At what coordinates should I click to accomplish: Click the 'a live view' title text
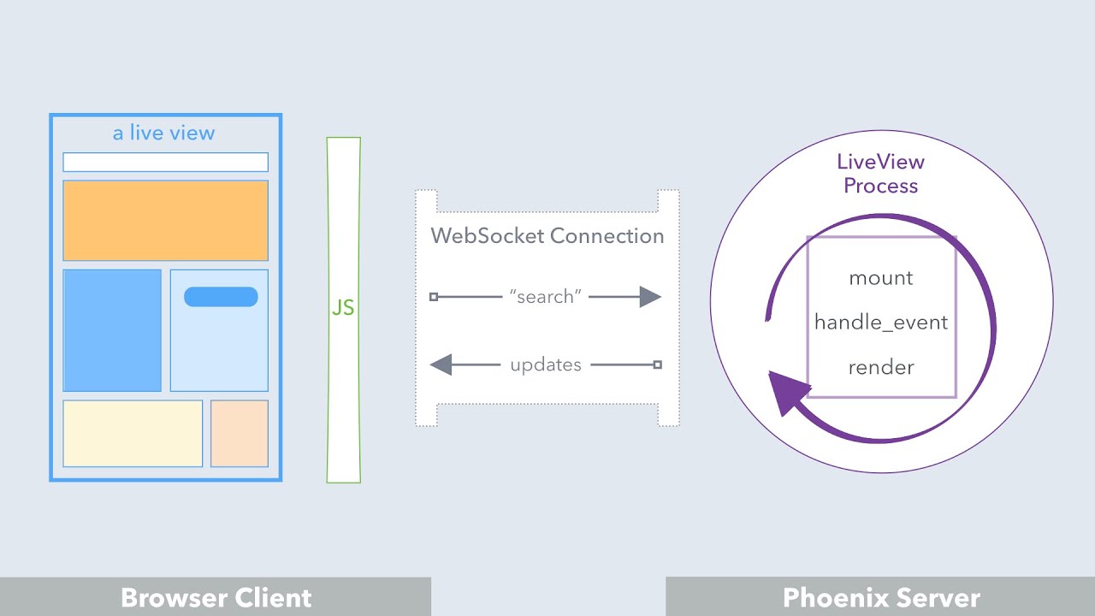point(163,133)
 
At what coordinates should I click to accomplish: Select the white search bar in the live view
point(165,162)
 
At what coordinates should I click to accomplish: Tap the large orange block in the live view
point(165,220)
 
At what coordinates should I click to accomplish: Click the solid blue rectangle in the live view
point(112,330)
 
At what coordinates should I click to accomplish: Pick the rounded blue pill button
point(221,297)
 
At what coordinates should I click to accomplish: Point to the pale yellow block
point(133,434)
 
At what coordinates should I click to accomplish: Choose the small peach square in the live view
point(240,434)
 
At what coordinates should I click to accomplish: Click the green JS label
point(343,308)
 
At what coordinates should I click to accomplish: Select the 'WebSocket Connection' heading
point(547,236)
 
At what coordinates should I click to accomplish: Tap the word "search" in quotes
point(545,297)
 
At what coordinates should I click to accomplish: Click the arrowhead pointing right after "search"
point(650,297)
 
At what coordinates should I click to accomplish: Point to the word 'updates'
point(546,365)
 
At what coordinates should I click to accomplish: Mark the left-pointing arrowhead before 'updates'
point(441,365)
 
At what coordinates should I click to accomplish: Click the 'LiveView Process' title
point(880,174)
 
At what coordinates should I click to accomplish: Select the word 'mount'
point(881,278)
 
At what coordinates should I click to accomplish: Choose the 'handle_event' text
point(881,323)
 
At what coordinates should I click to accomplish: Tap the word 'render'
point(881,368)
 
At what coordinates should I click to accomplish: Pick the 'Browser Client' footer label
point(216,597)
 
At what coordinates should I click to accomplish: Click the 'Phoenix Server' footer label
point(881,597)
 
